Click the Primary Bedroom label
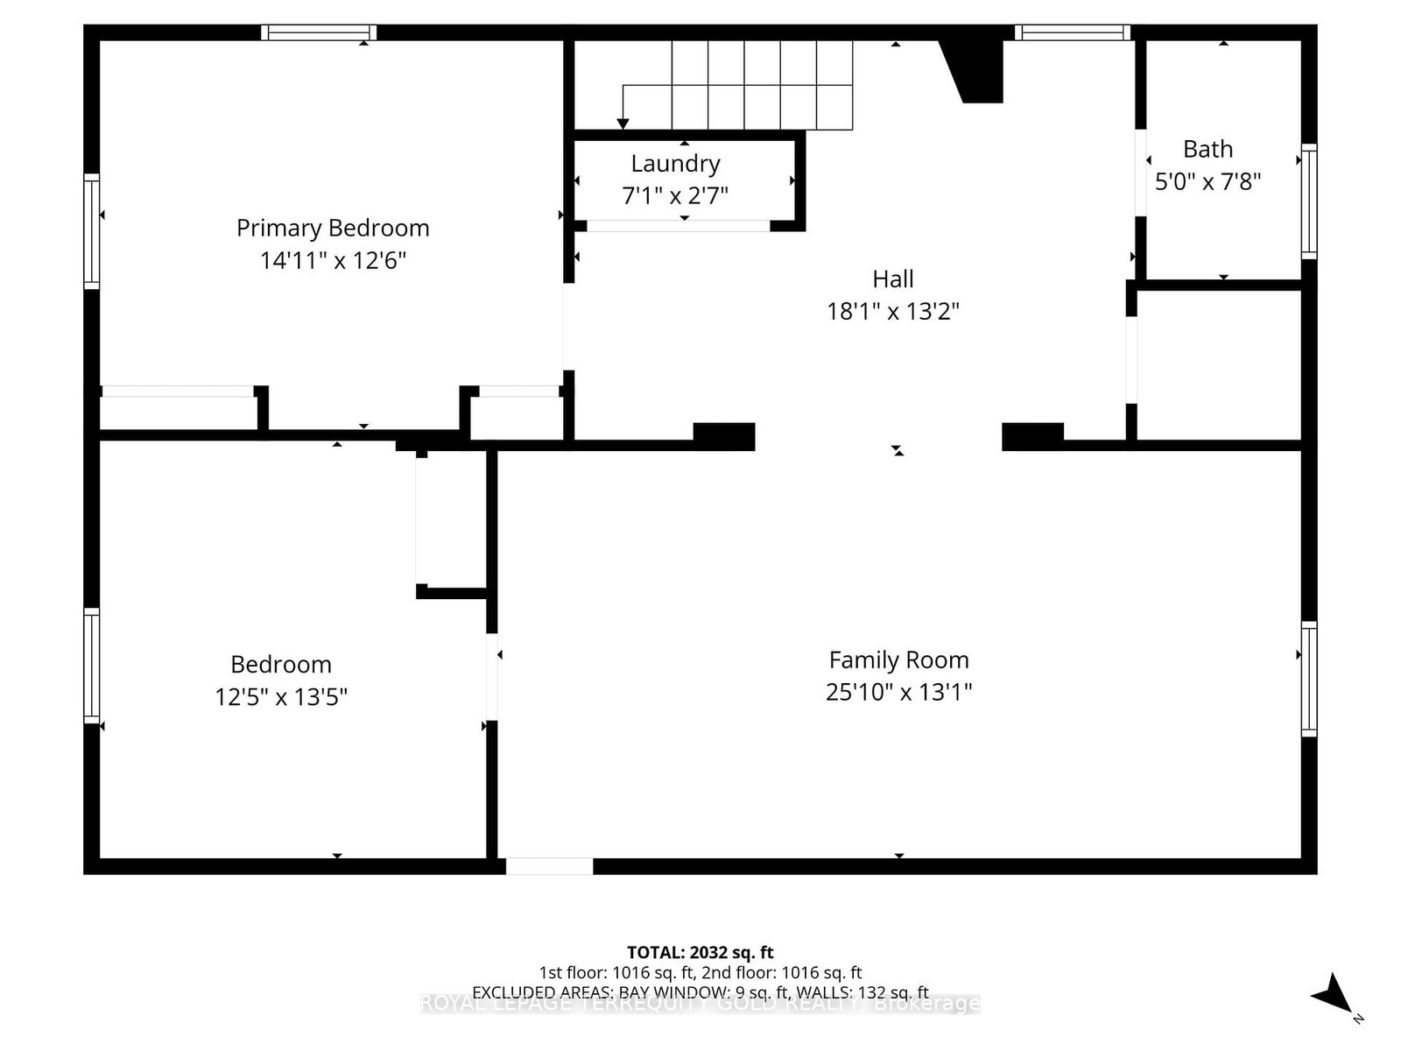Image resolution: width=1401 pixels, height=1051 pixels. click(333, 229)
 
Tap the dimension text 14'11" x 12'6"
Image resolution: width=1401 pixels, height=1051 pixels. click(333, 261)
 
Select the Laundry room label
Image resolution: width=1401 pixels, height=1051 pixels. click(675, 164)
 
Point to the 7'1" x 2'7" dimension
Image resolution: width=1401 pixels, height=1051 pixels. click(675, 195)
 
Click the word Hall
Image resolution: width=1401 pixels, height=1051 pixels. click(892, 279)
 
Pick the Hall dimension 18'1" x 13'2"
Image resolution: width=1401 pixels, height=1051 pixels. click(892, 312)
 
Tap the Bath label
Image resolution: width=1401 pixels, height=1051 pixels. click(1207, 150)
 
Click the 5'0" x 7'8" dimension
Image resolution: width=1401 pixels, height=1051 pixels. click(1207, 182)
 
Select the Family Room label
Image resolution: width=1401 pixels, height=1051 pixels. click(898, 660)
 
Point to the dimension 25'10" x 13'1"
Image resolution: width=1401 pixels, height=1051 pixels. click(898, 693)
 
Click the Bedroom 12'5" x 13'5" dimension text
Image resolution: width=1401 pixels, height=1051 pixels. click(281, 697)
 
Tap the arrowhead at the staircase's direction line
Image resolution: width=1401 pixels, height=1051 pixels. click(623, 123)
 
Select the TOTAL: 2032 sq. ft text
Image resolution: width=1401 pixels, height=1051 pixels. click(700, 952)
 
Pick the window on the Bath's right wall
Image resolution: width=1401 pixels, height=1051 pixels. click(1308, 201)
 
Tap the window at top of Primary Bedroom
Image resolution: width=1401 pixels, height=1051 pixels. click(319, 32)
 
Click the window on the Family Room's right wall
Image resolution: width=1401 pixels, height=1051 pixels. click(1308, 679)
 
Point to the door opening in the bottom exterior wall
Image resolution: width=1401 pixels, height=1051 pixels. click(549, 866)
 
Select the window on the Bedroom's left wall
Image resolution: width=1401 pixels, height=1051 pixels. click(92, 666)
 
